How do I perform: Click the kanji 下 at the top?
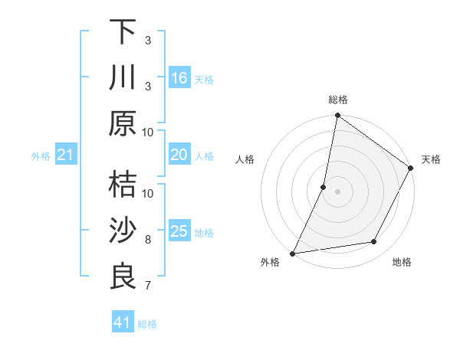[123, 32]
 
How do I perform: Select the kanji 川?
[123, 77]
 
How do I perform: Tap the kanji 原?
[123, 123]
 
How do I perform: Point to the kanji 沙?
[123, 231]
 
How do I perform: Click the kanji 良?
[123, 276]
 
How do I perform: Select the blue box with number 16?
[179, 78]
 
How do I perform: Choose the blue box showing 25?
[179, 231]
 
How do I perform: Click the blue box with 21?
[65, 155]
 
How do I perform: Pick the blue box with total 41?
[123, 322]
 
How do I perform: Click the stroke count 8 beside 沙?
[148, 240]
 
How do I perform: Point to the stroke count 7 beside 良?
[148, 286]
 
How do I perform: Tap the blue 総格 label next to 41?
[147, 324]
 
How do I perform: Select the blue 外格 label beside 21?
[41, 156]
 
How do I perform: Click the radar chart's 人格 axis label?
[245, 159]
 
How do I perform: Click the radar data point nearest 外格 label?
[293, 253]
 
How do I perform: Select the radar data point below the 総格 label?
[337, 116]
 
